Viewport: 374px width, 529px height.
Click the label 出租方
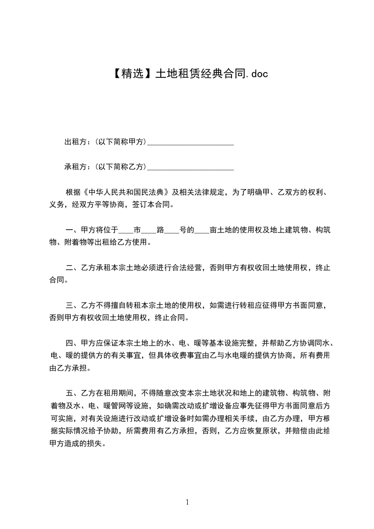75,142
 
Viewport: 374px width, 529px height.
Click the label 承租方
75,167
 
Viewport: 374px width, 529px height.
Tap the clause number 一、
72,231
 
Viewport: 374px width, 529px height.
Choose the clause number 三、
72,306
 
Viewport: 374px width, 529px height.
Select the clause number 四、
72,343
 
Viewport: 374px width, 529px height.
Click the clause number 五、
72,393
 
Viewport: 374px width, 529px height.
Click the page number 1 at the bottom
187,503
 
